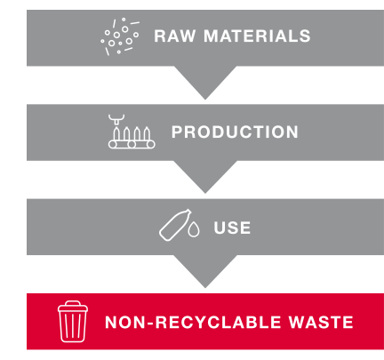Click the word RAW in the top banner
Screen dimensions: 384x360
coord(175,36)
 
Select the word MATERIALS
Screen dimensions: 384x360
coord(257,36)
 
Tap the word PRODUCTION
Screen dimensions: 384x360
coord(235,132)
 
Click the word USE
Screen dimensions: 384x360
coord(232,228)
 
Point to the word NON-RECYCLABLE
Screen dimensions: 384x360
coord(193,322)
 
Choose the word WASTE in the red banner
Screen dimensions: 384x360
coord(321,322)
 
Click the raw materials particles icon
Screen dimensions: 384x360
coord(120,36)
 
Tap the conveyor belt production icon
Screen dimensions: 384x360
coord(132,132)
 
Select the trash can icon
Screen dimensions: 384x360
coord(73,322)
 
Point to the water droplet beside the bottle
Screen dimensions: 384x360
coord(194,229)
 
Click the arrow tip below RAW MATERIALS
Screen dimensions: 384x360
coord(205,99)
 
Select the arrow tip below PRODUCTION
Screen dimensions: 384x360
coord(205,193)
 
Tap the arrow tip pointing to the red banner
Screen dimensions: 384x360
coord(205,287)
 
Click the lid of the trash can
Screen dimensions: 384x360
coord(73,307)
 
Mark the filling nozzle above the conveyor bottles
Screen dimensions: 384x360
coord(116,119)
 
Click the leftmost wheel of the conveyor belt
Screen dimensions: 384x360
coord(113,145)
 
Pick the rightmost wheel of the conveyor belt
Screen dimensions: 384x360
coord(151,145)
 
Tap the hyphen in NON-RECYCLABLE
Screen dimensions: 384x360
coord(150,323)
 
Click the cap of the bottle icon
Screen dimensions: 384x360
coord(188,212)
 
